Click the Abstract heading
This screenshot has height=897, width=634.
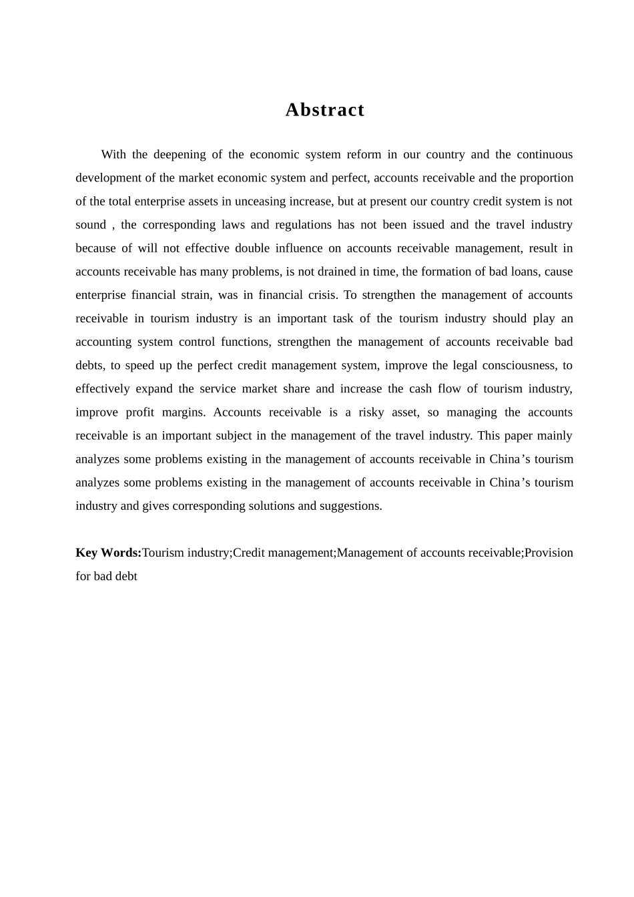(x=325, y=110)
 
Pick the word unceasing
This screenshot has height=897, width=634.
(x=260, y=202)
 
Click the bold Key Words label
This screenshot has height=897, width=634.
(x=108, y=553)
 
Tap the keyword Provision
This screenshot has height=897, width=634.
(x=549, y=553)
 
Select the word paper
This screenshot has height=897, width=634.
(x=519, y=436)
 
